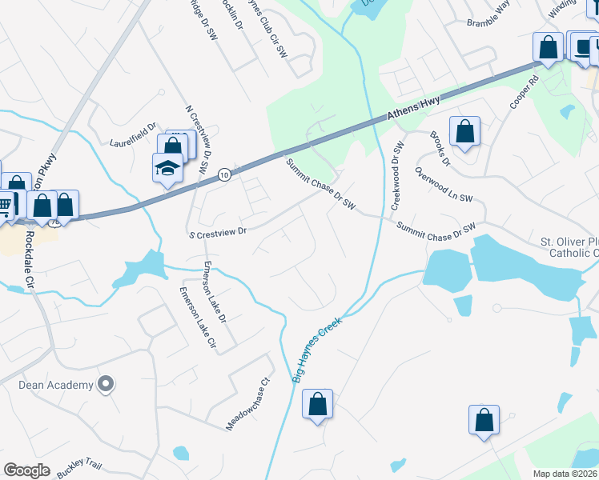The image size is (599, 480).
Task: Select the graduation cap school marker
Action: point(167,168)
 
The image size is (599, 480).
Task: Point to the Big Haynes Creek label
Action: point(317,349)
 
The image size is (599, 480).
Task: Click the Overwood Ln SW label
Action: point(444,187)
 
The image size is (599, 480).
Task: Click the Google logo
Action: point(26,470)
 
